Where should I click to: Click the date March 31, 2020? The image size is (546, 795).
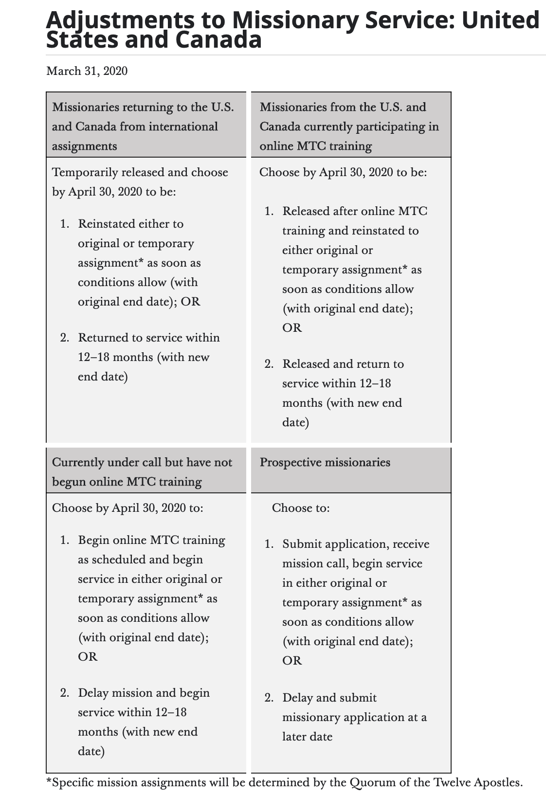87,72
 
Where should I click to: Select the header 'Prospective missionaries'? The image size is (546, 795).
325,462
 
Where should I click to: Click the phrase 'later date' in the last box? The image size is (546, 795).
307,737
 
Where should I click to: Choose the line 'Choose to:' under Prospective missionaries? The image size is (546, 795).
301,508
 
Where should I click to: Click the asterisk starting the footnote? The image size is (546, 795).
49,782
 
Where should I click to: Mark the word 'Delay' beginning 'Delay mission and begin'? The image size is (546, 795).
94,693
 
